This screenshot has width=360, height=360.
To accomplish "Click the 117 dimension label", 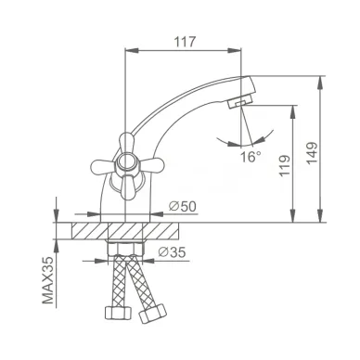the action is (186, 42).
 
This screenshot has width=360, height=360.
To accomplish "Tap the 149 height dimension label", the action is (311, 153).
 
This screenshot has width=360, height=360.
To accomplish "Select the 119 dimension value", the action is (285, 165).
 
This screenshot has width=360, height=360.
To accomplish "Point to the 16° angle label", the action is (251, 157).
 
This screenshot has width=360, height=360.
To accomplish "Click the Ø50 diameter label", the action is (183, 206).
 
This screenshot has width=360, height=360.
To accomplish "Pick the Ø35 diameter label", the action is (172, 252).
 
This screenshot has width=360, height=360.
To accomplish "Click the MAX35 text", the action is (48, 280).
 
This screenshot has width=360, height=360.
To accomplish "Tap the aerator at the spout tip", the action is (240, 101).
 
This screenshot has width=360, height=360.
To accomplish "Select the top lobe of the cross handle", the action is (126, 141).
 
